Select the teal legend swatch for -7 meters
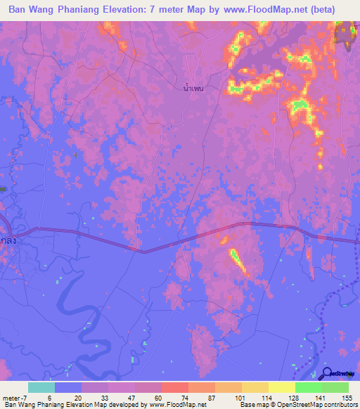(x=41, y=388)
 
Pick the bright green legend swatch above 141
(x=308, y=388)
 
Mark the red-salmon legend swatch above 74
(x=174, y=388)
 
